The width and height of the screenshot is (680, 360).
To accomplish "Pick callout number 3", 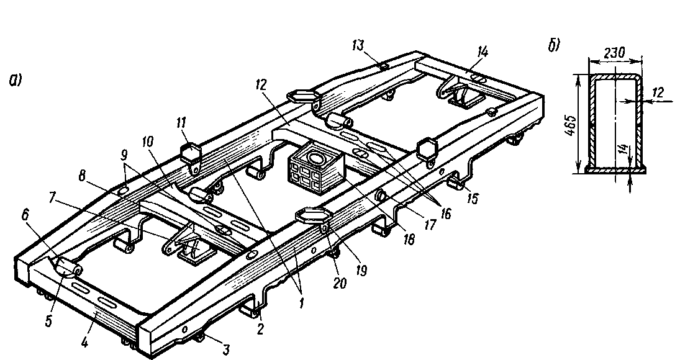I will [x=227, y=349].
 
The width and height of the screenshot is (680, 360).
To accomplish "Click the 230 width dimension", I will [x=614, y=54].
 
